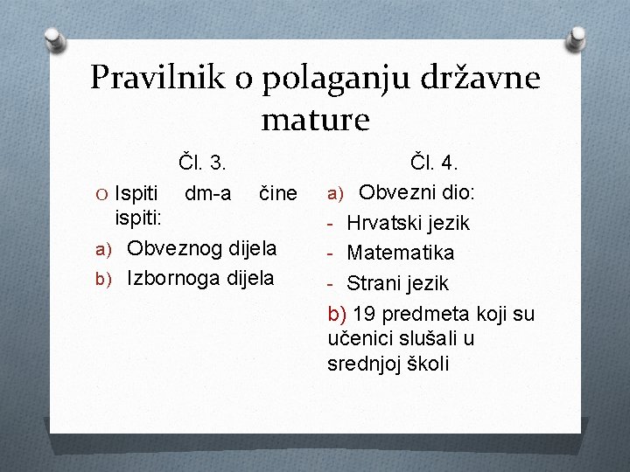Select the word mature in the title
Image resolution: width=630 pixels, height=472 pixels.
point(315,118)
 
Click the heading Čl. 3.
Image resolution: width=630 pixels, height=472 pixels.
point(203,163)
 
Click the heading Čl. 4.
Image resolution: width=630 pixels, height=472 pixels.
point(436,163)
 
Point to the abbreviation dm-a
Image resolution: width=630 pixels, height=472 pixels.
point(208,192)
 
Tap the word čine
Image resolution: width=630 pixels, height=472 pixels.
point(278,192)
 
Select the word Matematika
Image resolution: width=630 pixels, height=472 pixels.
point(401,253)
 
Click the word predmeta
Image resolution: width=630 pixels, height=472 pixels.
point(425,312)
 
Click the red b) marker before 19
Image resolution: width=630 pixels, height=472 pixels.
point(337,312)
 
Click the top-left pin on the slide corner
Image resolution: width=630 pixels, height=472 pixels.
point(54,38)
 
